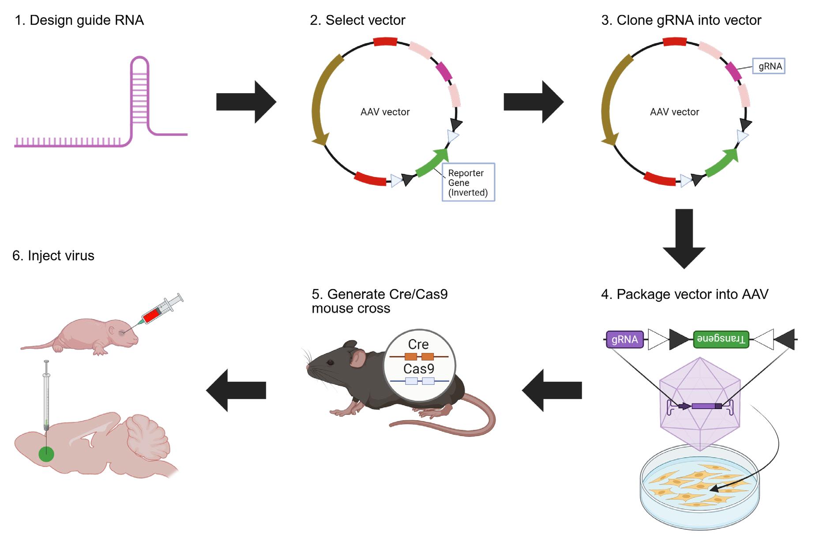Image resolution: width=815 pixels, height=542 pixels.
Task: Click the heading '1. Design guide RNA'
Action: (x=79, y=20)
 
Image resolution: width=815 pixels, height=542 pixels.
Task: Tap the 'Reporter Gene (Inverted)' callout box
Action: (x=468, y=182)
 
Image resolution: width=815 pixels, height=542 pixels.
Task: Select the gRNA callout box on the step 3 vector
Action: (x=769, y=66)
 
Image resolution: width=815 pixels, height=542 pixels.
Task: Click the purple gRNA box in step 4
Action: (x=625, y=339)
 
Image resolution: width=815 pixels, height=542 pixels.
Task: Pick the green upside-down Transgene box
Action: (x=721, y=339)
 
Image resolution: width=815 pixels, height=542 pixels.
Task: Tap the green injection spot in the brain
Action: (x=46, y=454)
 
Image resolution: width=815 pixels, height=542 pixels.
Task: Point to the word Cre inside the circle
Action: (x=418, y=344)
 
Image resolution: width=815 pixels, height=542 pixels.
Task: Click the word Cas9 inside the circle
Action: (x=419, y=369)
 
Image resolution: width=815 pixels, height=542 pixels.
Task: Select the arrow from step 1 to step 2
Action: (x=246, y=102)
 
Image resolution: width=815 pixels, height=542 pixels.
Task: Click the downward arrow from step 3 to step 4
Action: (x=684, y=238)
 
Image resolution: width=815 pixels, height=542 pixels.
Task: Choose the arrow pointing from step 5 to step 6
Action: (x=236, y=390)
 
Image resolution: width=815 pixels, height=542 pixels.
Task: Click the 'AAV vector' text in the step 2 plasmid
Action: (x=385, y=112)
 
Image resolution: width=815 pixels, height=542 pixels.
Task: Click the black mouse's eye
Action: (x=330, y=363)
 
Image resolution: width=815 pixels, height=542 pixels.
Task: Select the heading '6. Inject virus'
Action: (x=53, y=256)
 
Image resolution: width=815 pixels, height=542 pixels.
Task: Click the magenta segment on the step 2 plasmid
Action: (x=444, y=72)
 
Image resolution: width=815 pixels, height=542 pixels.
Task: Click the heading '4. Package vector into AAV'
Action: (x=684, y=294)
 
